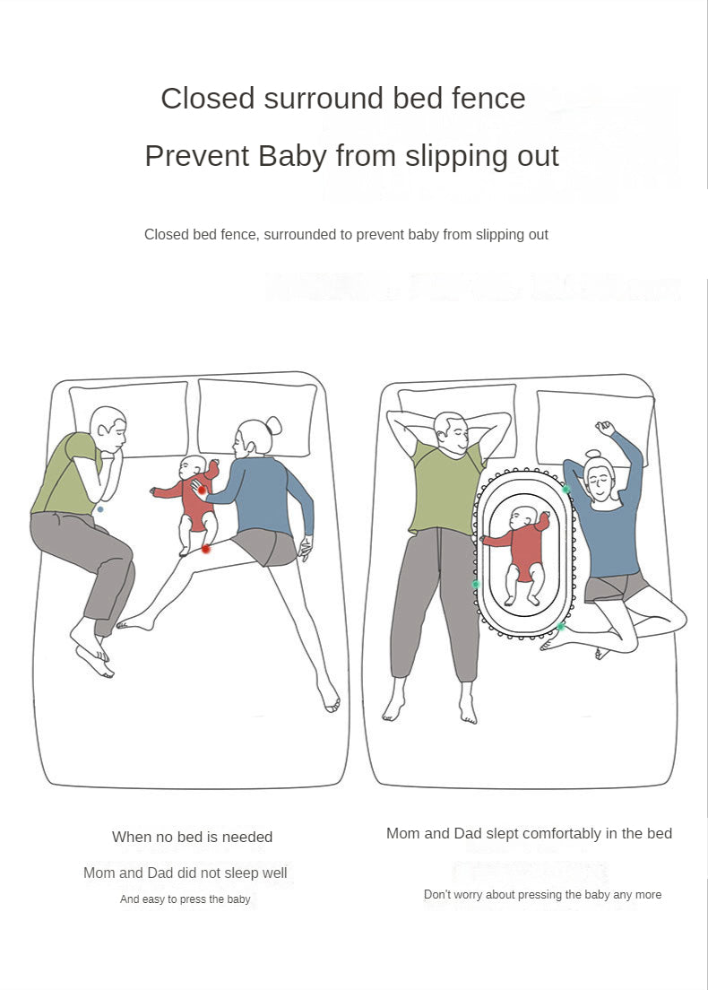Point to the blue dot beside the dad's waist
[100, 509]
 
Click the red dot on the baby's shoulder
[202, 489]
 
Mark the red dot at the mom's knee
[206, 548]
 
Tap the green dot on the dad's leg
[476, 584]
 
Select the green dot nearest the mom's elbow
[566, 489]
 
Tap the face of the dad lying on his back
[451, 435]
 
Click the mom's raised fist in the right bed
[606, 428]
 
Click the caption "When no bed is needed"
[192, 837]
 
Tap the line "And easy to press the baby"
[185, 899]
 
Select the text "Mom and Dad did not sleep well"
[185, 873]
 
